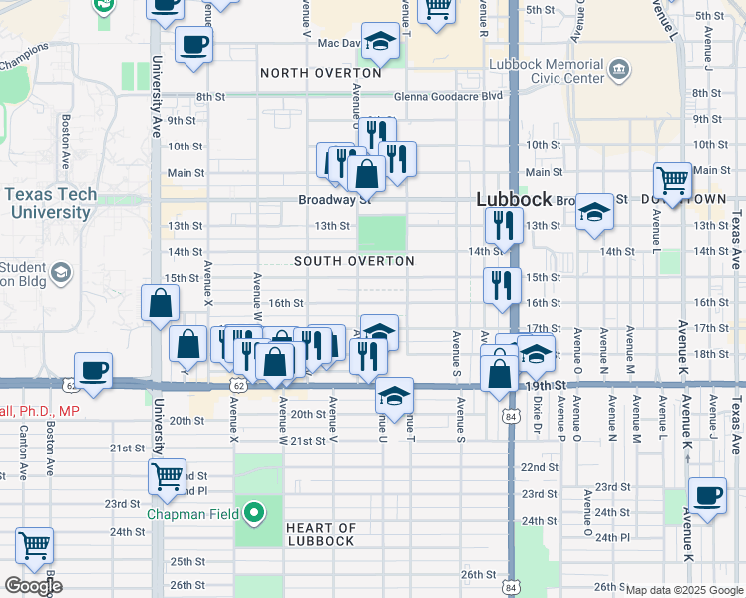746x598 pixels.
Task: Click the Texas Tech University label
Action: coord(48,203)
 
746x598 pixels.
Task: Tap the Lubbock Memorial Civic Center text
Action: coord(547,71)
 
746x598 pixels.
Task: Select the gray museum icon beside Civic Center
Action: coord(620,69)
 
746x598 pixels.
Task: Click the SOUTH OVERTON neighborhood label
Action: coord(354,261)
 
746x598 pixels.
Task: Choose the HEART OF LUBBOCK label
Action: coord(319,534)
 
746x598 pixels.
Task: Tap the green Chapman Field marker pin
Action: coord(255,513)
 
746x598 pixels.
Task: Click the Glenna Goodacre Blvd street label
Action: coord(448,97)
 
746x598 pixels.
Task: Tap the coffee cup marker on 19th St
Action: coord(94,370)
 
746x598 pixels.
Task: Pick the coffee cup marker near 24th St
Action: coord(708,494)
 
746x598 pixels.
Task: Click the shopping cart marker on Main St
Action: coord(673,181)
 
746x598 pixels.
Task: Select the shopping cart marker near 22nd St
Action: coord(167,475)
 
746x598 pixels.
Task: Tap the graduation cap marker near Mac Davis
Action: coord(379,41)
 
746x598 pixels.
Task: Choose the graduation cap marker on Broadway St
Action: coord(594,211)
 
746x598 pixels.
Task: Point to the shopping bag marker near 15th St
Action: coord(160,303)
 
